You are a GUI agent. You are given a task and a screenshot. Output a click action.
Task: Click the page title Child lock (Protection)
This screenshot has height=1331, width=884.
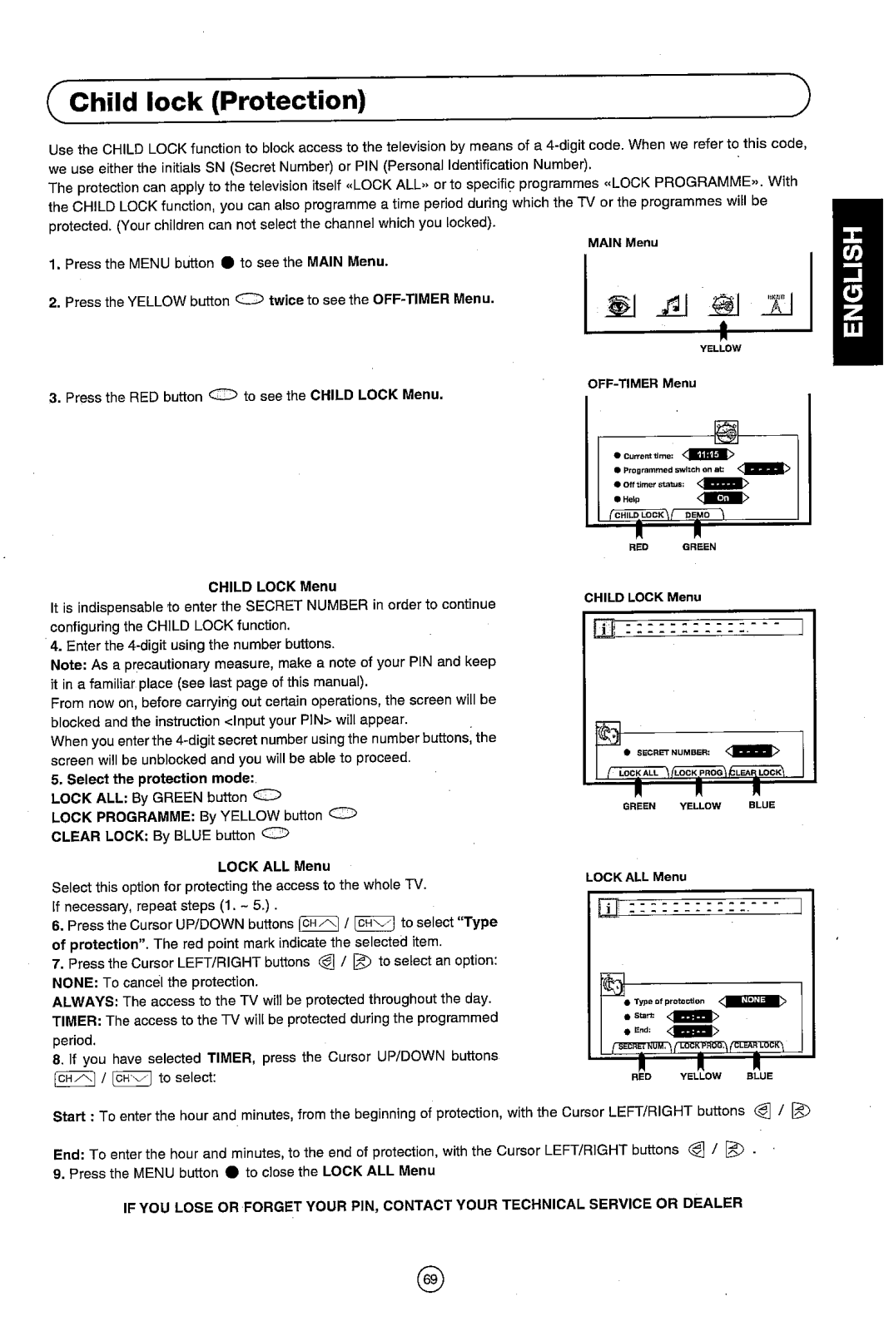(218, 101)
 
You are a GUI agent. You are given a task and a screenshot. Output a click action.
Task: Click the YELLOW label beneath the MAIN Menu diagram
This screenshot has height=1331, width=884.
(720, 349)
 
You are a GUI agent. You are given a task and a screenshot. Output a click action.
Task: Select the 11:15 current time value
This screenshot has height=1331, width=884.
(708, 454)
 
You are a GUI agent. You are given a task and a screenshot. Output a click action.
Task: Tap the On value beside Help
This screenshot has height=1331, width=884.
(723, 497)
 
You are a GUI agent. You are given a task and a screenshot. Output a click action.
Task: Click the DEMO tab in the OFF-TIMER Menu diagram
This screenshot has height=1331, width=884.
(698, 515)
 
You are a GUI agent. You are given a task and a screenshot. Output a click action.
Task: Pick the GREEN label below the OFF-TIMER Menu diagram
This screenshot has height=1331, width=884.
(699, 547)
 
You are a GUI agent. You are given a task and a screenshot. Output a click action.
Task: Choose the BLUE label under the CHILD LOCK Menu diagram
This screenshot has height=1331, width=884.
(762, 805)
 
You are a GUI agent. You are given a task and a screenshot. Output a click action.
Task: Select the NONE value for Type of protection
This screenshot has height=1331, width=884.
(752, 1001)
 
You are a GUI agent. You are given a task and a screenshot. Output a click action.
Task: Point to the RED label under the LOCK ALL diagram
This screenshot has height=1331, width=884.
(640, 1076)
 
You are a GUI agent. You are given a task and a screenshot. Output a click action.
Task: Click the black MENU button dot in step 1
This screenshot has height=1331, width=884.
(226, 263)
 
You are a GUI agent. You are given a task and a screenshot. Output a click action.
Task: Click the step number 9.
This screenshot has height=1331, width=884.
(57, 1172)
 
